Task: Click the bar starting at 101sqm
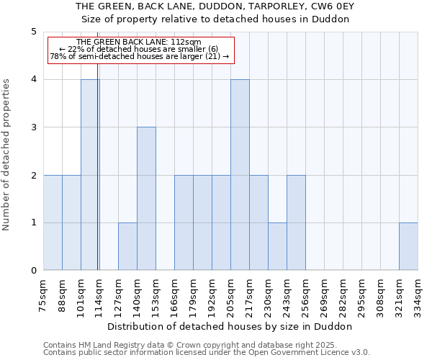[x=90, y=175]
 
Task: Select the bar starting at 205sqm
[x=240, y=175]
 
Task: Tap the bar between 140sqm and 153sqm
[x=146, y=199]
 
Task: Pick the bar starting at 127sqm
[x=127, y=246]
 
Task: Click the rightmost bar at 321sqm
[x=408, y=246]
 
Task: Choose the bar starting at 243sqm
[x=296, y=222]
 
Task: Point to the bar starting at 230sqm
[x=277, y=246]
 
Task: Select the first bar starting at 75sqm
[x=53, y=222]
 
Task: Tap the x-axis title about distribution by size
[x=230, y=326]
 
